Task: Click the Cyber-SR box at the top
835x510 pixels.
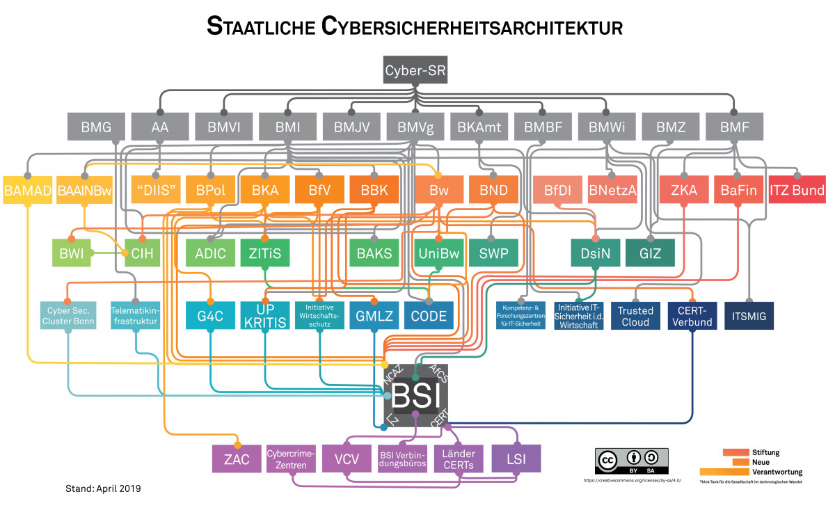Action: pyautogui.click(x=416, y=71)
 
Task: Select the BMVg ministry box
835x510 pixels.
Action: pyautogui.click(x=415, y=128)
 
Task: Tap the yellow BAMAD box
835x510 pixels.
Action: pyautogui.click(x=28, y=190)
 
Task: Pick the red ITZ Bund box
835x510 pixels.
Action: pyautogui.click(x=797, y=190)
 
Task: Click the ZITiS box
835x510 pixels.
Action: pyautogui.click(x=265, y=253)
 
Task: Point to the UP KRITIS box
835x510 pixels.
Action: pyautogui.click(x=264, y=317)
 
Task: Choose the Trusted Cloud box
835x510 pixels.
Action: pyautogui.click(x=636, y=317)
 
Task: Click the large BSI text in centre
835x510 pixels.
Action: pyautogui.click(x=416, y=397)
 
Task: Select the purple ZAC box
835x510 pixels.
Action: pyautogui.click(x=237, y=459)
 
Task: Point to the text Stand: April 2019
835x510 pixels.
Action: pyautogui.click(x=102, y=488)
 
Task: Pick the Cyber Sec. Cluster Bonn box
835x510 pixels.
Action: pyautogui.click(x=67, y=317)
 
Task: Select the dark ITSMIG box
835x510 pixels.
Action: pyautogui.click(x=749, y=317)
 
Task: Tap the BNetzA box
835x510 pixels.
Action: pyautogui.click(x=612, y=190)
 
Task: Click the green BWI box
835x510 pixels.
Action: pyautogui.click(x=72, y=253)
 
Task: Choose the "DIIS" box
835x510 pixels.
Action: pyautogui.click(x=156, y=190)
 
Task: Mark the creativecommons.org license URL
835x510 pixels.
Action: pyautogui.click(x=631, y=481)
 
